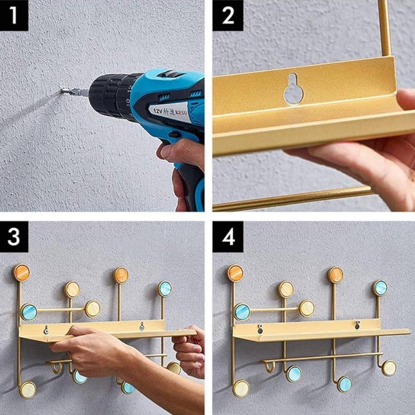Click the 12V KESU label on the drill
(x=173, y=109)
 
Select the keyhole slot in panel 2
(x=294, y=89)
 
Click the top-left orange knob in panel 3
(x=22, y=273)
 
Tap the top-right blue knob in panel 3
(x=165, y=288)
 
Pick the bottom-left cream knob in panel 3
(x=27, y=389)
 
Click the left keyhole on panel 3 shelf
(x=46, y=331)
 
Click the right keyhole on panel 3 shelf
(x=141, y=327)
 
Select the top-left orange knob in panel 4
(x=235, y=273)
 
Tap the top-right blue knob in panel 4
(x=380, y=288)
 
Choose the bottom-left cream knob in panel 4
(x=241, y=388)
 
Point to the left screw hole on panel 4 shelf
(x=260, y=330)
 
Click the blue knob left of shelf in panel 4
(x=242, y=311)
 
